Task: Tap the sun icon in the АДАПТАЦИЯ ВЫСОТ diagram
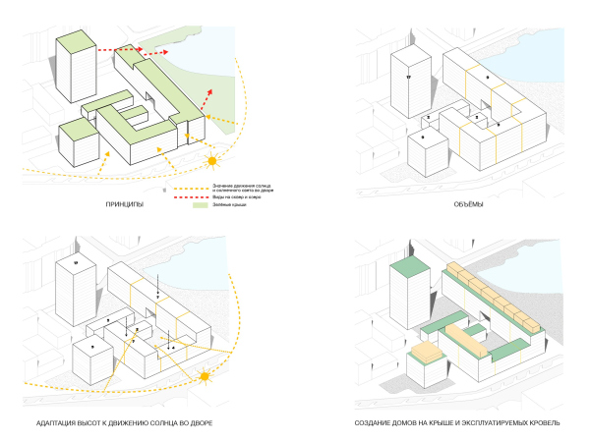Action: click(206, 376)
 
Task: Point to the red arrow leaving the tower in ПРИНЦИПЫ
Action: click(113, 47)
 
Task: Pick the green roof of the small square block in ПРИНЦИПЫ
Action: click(76, 129)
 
